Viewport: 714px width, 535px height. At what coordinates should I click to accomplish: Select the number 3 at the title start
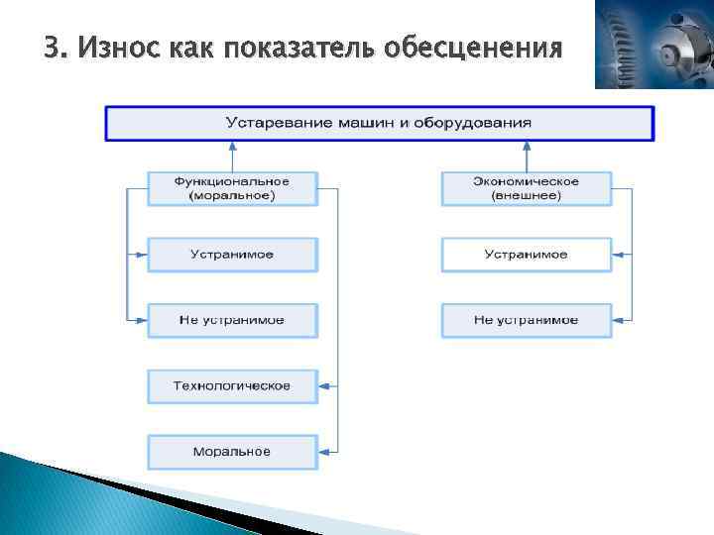(x=52, y=48)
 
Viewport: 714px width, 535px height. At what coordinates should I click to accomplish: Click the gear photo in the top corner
(x=654, y=45)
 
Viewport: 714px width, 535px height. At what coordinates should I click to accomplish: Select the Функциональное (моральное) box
(x=232, y=188)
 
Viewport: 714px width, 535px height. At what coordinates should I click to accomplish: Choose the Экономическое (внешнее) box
(x=526, y=188)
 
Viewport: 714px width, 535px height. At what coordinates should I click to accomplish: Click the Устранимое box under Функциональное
(x=232, y=255)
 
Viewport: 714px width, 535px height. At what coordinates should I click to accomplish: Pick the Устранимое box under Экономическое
(x=526, y=255)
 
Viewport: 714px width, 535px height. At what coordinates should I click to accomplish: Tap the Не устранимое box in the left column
(x=232, y=320)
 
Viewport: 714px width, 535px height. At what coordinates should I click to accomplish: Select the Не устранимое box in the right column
(x=526, y=320)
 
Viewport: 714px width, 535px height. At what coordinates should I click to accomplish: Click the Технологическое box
(x=232, y=385)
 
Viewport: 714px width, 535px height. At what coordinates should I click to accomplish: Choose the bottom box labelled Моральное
(x=232, y=452)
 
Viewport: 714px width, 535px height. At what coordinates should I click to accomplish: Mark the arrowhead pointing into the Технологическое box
(x=324, y=385)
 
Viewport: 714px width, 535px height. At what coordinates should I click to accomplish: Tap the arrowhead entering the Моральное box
(x=324, y=452)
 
